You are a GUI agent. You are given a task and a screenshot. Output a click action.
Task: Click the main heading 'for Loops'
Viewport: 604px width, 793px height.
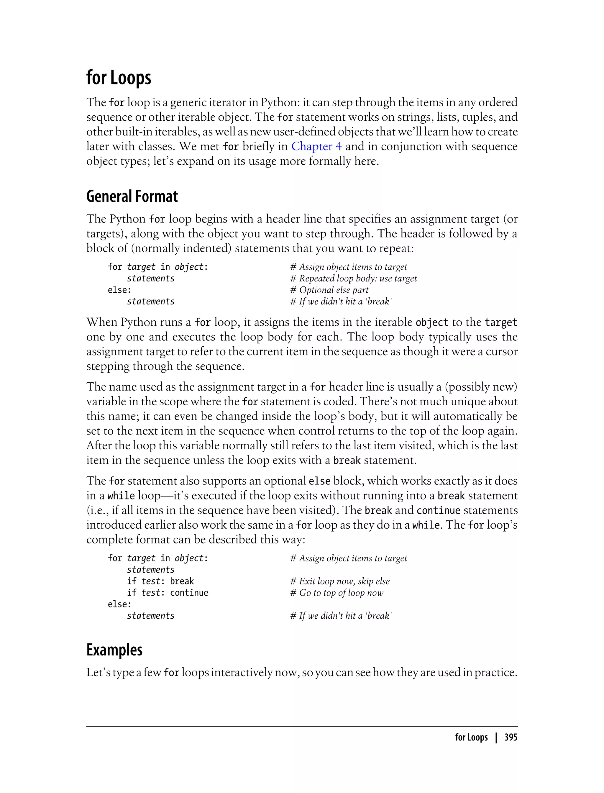coord(119,78)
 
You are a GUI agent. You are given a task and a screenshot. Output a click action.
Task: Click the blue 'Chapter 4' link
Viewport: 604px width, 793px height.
coord(316,146)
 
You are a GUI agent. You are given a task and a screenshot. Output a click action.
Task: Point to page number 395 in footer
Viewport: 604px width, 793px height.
coord(511,737)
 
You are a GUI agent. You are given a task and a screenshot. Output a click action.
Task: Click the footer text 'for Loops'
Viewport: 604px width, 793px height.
coord(471,737)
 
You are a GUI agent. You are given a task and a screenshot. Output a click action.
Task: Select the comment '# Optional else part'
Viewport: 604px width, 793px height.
coord(329,290)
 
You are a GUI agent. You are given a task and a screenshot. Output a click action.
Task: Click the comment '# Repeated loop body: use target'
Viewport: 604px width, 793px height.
coord(353,278)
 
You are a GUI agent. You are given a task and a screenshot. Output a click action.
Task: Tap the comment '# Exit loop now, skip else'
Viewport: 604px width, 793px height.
coord(340,581)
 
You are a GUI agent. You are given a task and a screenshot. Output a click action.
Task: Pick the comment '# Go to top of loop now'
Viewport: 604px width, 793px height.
coord(337,593)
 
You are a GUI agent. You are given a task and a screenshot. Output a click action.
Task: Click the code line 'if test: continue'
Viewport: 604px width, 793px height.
coord(168,593)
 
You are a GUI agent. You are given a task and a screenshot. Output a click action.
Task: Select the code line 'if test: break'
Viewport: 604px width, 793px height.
coord(160,581)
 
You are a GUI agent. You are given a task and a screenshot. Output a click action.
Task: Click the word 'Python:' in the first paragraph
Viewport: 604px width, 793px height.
coord(280,102)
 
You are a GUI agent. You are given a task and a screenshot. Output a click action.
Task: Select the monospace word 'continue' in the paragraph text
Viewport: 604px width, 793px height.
coord(438,510)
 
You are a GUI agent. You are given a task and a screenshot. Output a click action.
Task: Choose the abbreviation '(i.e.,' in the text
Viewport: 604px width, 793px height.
coord(97,510)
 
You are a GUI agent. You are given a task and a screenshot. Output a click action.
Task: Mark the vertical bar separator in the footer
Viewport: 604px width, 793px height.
coord(496,737)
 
